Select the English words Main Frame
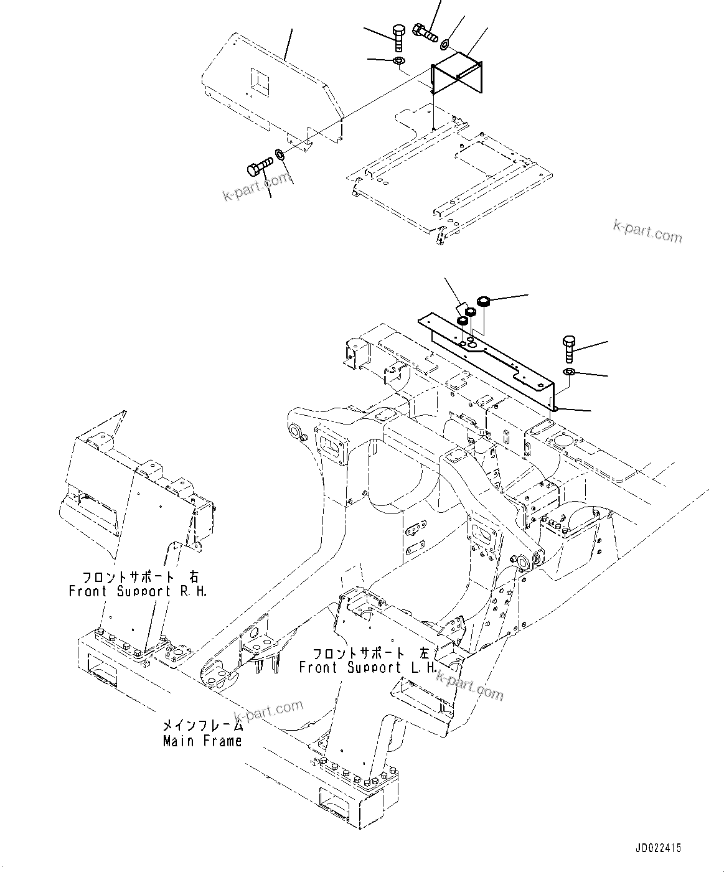coord(202,741)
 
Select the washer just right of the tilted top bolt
coord(444,45)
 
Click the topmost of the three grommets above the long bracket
coord(482,303)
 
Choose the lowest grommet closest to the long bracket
coord(463,321)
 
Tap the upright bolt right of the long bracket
coord(570,349)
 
